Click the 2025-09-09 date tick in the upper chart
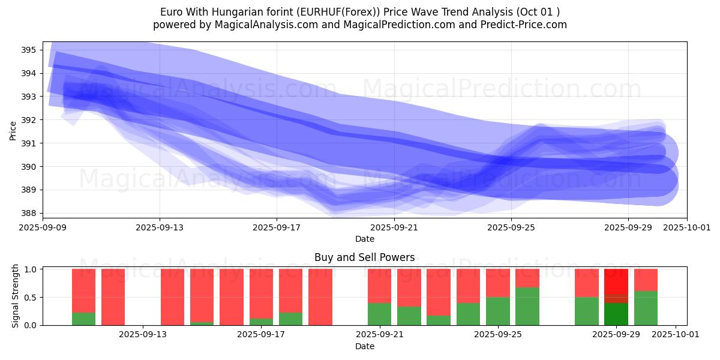[43, 227]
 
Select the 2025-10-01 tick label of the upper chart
[687, 227]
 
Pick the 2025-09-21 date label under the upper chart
[394, 227]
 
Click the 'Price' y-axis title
[13, 130]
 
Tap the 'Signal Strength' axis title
[16, 296]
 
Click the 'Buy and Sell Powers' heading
[364, 257]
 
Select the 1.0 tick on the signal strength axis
[31, 269]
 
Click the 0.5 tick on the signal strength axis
[31, 297]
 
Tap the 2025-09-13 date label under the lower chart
[143, 335]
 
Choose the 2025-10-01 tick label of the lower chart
[676, 335]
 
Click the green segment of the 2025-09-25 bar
[497, 311]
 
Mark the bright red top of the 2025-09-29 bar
[616, 281]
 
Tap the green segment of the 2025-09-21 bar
[379, 314]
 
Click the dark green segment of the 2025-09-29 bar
[616, 314]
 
